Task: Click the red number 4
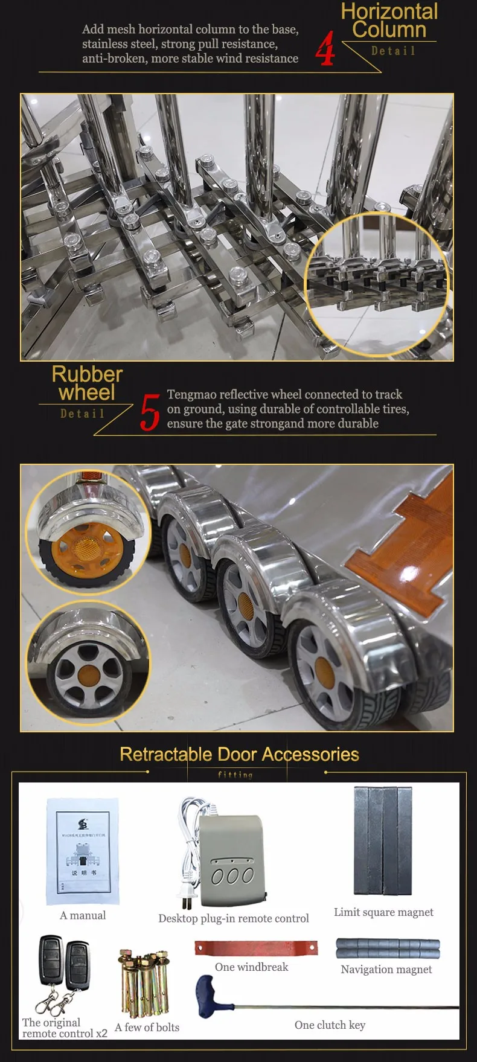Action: tap(325, 48)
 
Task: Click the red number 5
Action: tap(150, 412)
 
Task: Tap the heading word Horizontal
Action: tap(389, 11)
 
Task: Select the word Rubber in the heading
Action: tap(87, 374)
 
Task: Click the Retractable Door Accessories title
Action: tap(239, 754)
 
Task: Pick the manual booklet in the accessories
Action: tap(83, 851)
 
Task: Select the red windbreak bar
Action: tap(256, 947)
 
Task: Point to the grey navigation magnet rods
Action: tap(388, 948)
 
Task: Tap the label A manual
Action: tap(83, 915)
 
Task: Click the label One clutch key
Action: tap(330, 1025)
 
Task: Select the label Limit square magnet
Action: tap(383, 912)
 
